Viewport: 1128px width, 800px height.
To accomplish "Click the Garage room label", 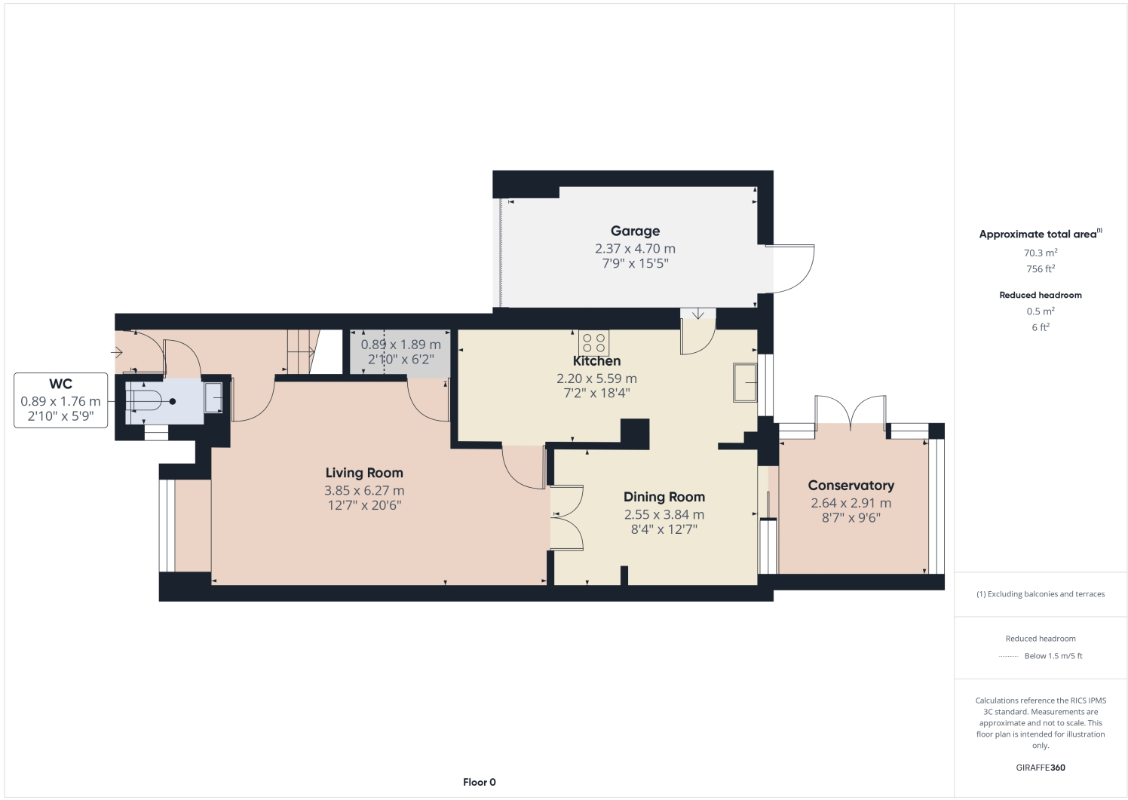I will tap(635, 231).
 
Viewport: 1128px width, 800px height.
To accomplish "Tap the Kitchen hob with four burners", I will tap(593, 343).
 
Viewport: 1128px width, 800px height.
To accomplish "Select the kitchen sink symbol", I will tap(745, 383).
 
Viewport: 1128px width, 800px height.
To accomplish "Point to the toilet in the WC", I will tap(150, 401).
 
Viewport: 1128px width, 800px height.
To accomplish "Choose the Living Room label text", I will tap(364, 473).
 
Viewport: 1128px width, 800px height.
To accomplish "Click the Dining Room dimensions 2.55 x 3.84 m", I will tap(664, 514).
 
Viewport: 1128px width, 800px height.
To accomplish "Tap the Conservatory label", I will tap(851, 486).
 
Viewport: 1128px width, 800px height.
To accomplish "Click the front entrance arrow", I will tap(118, 352).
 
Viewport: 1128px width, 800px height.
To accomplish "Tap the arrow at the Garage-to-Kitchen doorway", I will tap(698, 314).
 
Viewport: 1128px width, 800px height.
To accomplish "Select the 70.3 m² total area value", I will tap(1040, 253).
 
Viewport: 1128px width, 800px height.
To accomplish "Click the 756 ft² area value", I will tap(1040, 269).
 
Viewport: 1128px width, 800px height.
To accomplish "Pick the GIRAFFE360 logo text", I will tap(1040, 768).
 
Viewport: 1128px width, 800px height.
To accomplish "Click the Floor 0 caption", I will tap(479, 782).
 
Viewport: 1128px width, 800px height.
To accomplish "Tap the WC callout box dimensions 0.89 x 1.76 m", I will tap(60, 401).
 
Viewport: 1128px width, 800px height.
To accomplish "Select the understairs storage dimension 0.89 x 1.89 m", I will tap(400, 345).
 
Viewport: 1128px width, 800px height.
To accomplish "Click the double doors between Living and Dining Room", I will tap(566, 518).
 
